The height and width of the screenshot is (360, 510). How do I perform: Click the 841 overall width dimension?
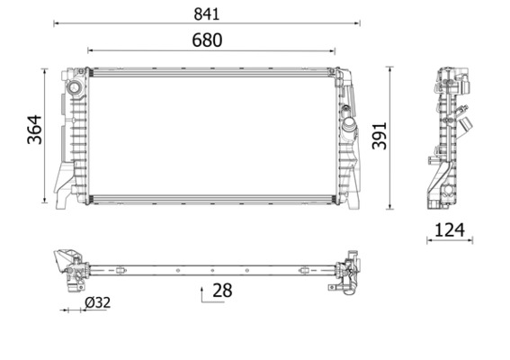[207, 13]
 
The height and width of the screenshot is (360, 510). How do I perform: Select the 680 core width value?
[207, 40]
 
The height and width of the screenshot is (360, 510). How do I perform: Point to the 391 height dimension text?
[380, 135]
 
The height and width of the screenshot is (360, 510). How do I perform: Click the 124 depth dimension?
[450, 229]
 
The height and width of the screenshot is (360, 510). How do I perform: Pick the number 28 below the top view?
[222, 290]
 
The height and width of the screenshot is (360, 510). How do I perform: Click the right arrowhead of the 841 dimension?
[357, 24]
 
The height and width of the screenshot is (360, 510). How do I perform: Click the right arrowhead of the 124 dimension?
[470, 240]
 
